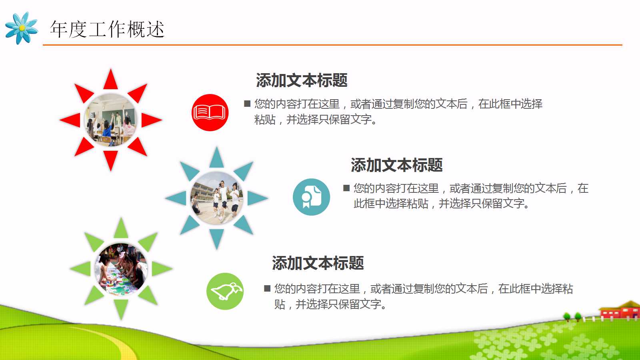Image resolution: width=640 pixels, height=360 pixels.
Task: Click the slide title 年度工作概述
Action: pyautogui.click(x=107, y=29)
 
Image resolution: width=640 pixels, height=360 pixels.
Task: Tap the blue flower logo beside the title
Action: pyautogui.click(x=22, y=28)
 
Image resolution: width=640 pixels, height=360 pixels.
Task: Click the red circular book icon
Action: pyautogui.click(x=210, y=112)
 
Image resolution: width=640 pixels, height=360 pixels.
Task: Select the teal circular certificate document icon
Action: pyautogui.click(x=311, y=197)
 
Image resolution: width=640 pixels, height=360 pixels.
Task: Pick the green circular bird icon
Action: pyautogui.click(x=225, y=291)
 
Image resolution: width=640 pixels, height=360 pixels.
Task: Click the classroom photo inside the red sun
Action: pyautogui.click(x=111, y=120)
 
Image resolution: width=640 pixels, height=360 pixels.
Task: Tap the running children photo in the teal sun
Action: pyautogui.click(x=216, y=198)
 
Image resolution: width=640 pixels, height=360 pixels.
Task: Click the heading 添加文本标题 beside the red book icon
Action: pyautogui.click(x=302, y=80)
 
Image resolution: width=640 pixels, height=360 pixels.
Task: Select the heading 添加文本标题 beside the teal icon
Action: pyautogui.click(x=396, y=165)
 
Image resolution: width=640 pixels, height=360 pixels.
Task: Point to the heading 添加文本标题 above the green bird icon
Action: pyautogui.click(x=318, y=263)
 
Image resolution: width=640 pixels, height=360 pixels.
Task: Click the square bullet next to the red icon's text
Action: pyautogui.click(x=247, y=104)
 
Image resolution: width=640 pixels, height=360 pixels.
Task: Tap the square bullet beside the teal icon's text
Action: pyautogui.click(x=346, y=188)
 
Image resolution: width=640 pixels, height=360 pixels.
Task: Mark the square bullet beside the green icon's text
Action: pyautogui.click(x=267, y=288)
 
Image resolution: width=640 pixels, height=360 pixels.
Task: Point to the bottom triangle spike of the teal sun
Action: pyautogui.click(x=216, y=238)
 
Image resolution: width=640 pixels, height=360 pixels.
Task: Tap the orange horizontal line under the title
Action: pyautogui.click(x=332, y=45)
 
